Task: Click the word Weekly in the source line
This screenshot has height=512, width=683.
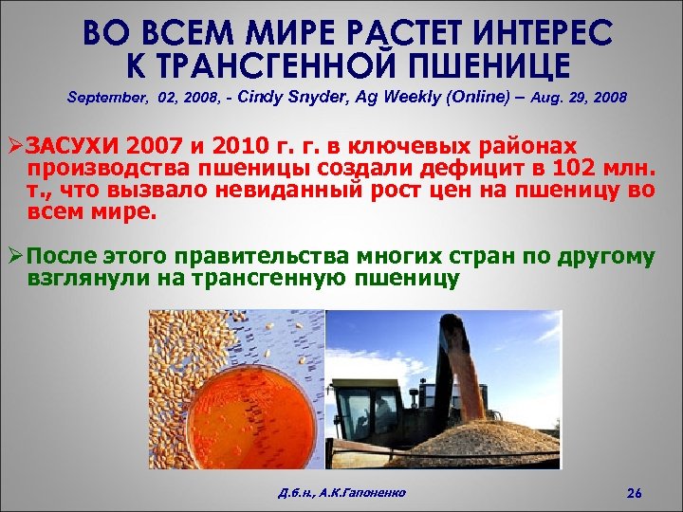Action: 408,97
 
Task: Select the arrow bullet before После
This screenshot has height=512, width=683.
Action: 15,256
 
